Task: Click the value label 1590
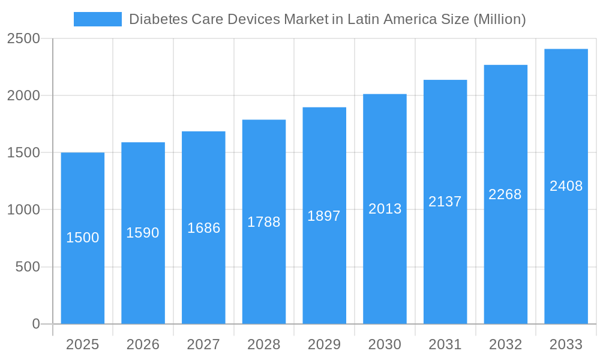click(x=143, y=233)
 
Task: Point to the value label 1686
click(x=204, y=228)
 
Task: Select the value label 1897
click(x=324, y=216)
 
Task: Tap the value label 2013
click(x=385, y=209)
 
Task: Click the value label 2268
click(x=505, y=194)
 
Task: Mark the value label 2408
click(x=566, y=186)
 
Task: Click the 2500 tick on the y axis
click(x=23, y=39)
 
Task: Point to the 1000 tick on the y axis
click(x=23, y=210)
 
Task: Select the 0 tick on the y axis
click(x=35, y=324)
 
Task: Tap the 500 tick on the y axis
click(x=28, y=267)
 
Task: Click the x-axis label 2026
click(x=143, y=344)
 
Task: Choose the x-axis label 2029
click(x=324, y=344)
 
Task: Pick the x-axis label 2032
click(x=505, y=344)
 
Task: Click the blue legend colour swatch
click(x=97, y=19)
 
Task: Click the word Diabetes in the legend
click(x=158, y=19)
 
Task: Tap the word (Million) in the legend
click(x=499, y=19)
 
